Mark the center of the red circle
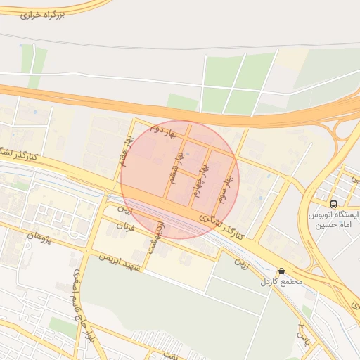tap(180, 180)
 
